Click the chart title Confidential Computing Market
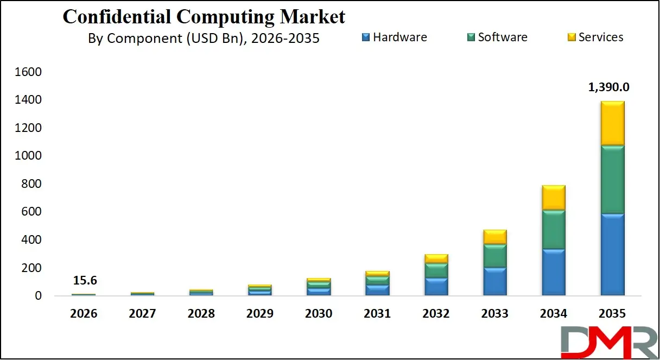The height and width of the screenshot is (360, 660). click(204, 17)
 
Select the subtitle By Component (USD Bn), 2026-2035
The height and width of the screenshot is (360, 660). click(204, 39)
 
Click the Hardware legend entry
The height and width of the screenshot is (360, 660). click(395, 37)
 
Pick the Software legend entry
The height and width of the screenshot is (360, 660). click(497, 37)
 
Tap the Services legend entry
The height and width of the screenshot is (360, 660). click(595, 37)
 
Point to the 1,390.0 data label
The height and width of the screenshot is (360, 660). click(609, 87)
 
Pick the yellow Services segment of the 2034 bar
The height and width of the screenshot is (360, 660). click(553, 198)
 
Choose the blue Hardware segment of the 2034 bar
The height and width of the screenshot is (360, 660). click(553, 271)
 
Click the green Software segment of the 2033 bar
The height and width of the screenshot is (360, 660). click(494, 255)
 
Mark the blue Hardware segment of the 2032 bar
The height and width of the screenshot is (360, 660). click(436, 286)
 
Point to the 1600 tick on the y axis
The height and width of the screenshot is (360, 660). click(30, 72)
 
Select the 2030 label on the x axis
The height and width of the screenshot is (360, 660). click(318, 314)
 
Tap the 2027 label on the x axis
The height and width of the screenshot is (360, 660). click(142, 314)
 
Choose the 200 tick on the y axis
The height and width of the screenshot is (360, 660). click(33, 268)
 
